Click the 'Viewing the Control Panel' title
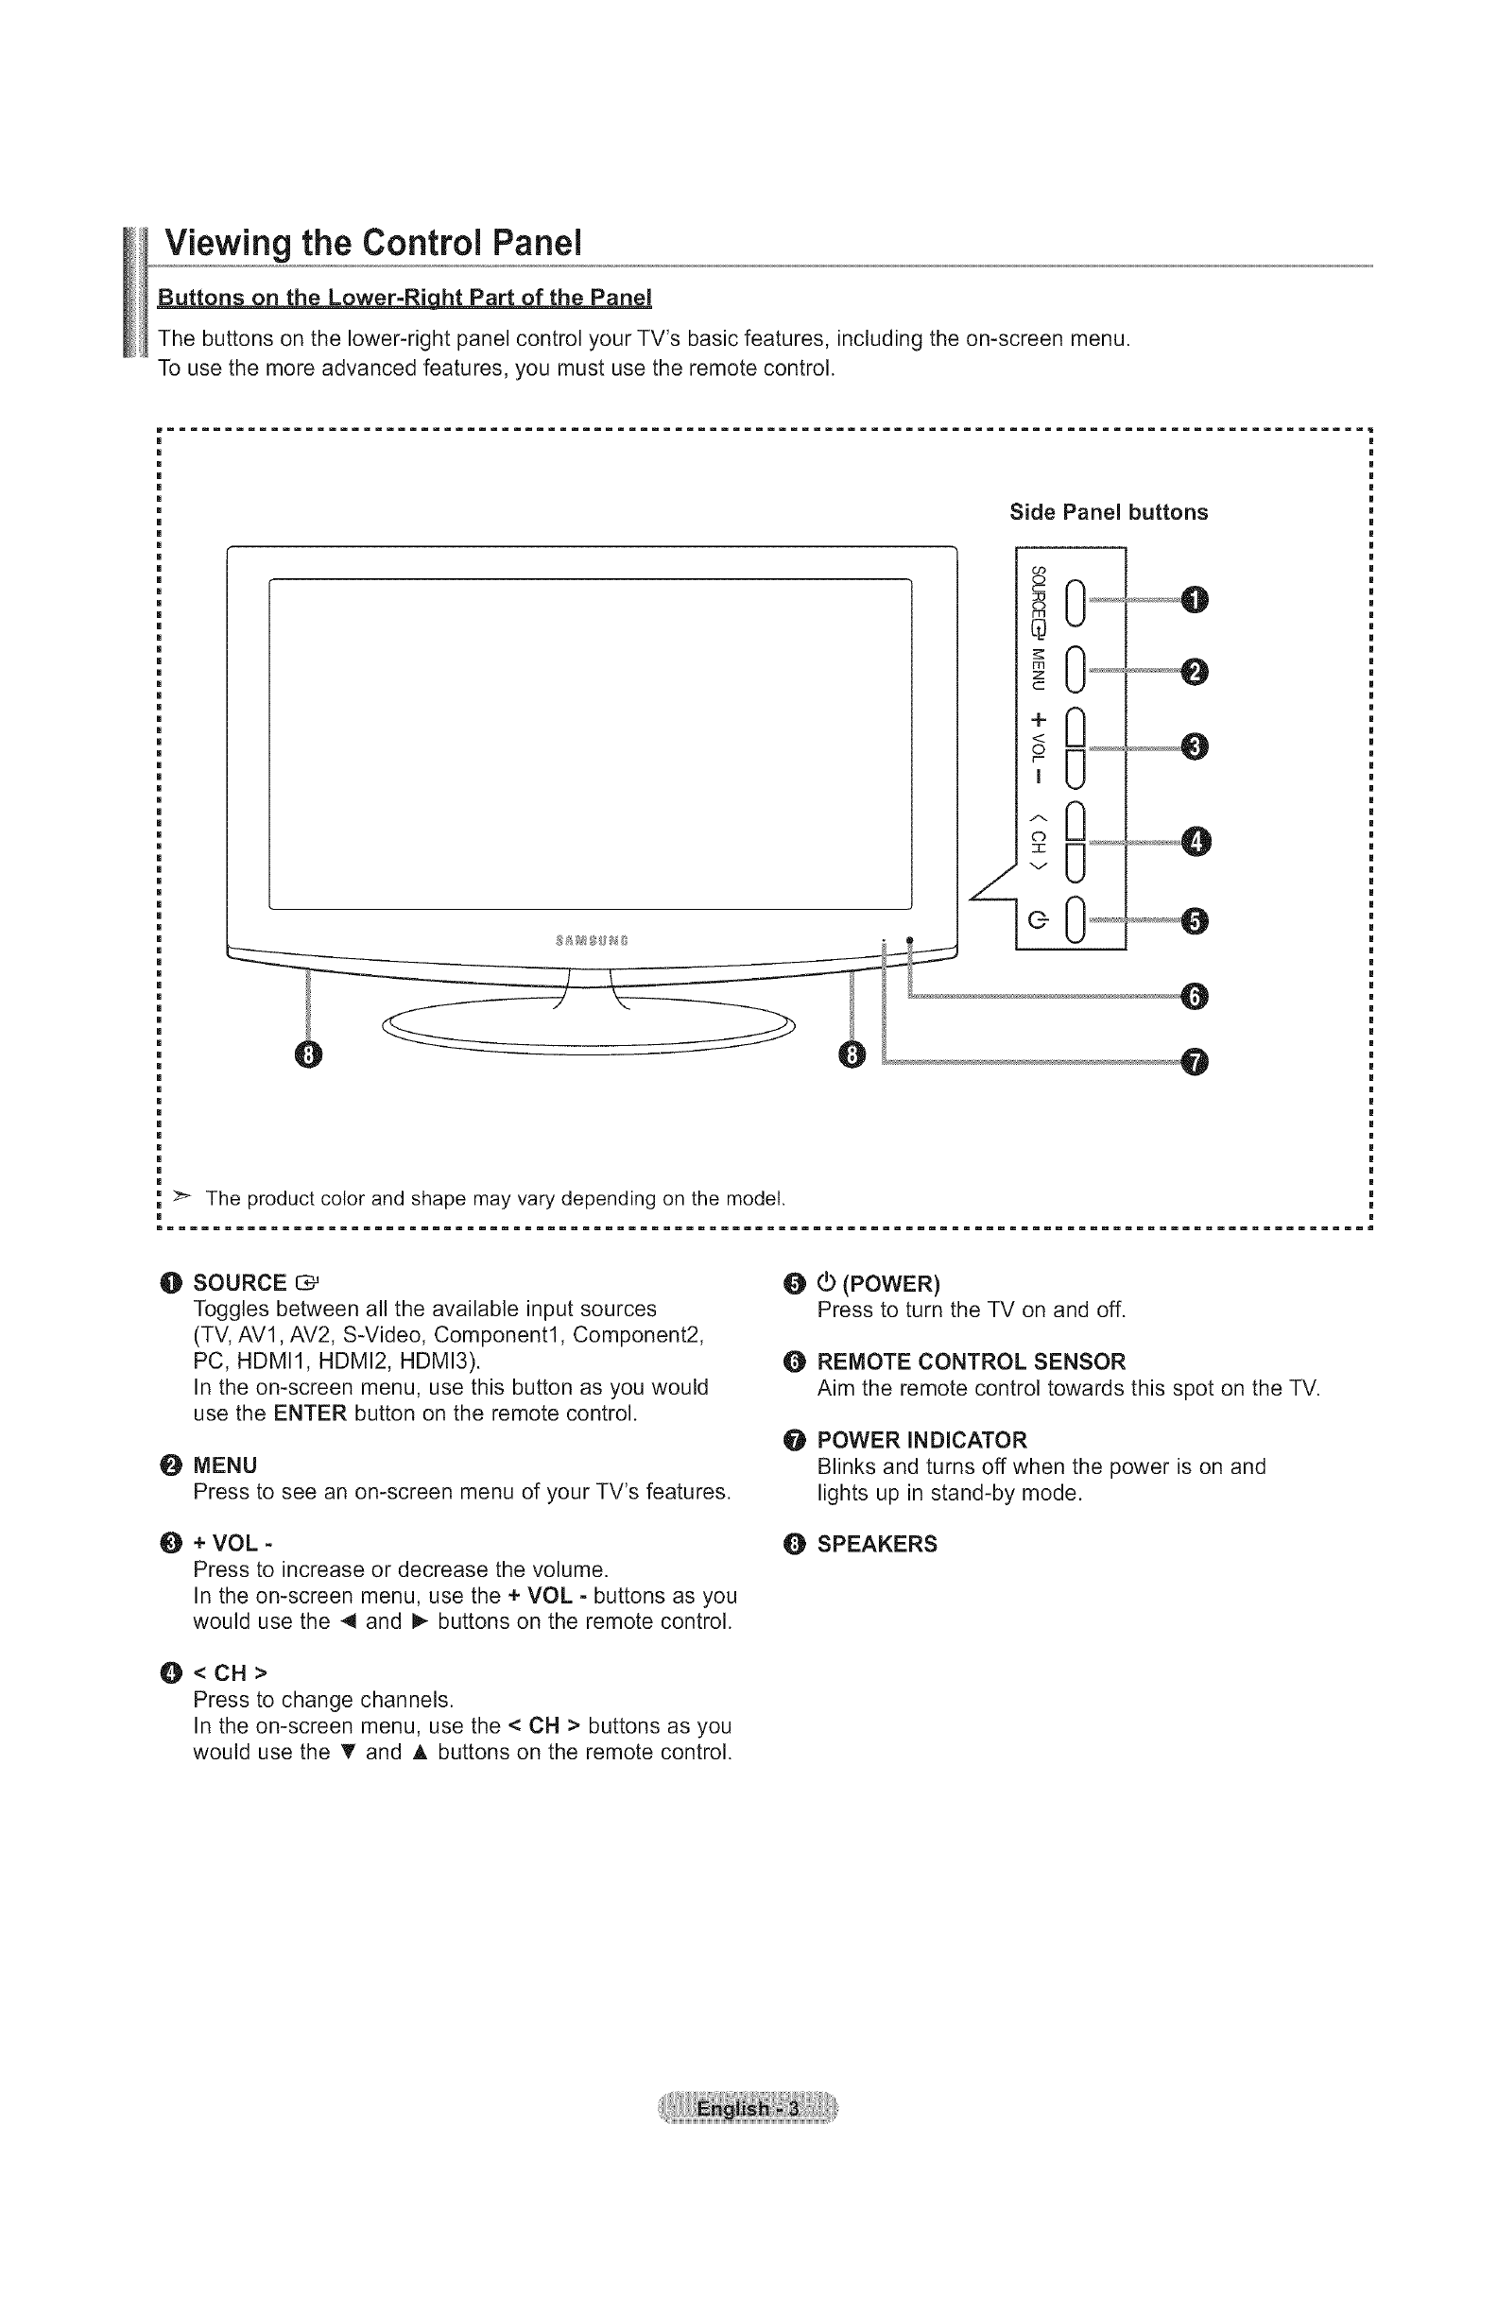[372, 242]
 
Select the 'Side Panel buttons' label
[1109, 512]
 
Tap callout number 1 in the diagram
[1195, 601]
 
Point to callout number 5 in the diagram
[1195, 918]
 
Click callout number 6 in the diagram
[1195, 996]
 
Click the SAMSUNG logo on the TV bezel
[591, 941]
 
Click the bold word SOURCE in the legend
[240, 1283]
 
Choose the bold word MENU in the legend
[226, 1465]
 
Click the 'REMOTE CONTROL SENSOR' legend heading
[972, 1362]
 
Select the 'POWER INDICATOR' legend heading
[921, 1439]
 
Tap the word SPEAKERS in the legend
[877, 1544]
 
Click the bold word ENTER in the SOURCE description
[310, 1413]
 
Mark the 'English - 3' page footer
[748, 2109]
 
